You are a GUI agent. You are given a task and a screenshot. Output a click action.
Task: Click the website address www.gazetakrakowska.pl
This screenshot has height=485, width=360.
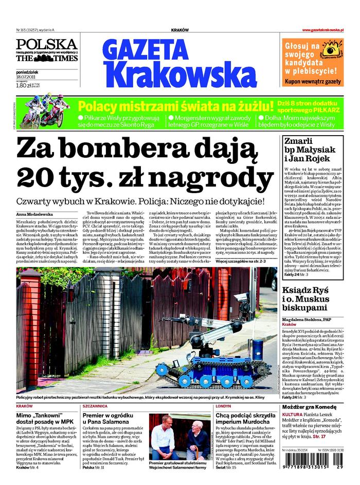[x=322, y=30]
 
